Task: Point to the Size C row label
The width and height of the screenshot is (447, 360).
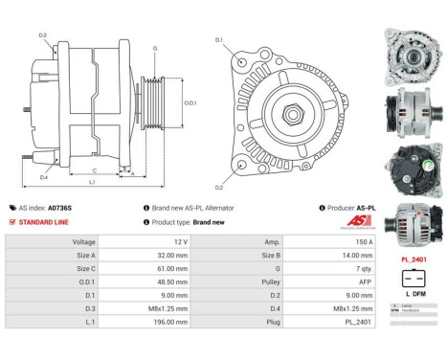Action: pos(83,270)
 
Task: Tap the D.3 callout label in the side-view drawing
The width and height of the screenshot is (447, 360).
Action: pos(43,35)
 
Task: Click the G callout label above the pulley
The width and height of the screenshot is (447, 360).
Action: pos(155,47)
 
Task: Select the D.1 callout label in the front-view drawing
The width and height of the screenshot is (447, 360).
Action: pos(218,40)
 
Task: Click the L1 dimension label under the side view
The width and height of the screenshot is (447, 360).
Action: pos(91,181)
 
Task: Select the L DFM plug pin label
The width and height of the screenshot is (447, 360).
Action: pos(413,292)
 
